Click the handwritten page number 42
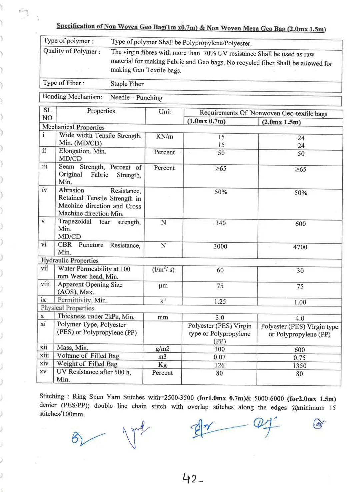click(192, 478)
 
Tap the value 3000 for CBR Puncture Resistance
click(220, 246)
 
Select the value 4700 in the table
click(300, 247)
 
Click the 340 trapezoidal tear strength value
click(220, 223)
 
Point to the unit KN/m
click(164, 137)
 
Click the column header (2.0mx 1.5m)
click(281, 122)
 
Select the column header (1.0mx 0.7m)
click(206, 121)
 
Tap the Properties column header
click(101, 111)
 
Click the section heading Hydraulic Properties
click(70, 260)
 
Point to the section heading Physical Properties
click(67, 308)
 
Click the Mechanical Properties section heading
click(73, 127)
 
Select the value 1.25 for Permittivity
click(220, 302)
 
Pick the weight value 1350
click(299, 366)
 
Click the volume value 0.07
click(219, 357)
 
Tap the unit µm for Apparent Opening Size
click(163, 286)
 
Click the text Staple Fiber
click(127, 84)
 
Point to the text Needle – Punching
click(136, 98)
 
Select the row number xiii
click(44, 355)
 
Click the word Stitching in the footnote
click(52, 396)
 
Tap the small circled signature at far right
click(319, 424)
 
